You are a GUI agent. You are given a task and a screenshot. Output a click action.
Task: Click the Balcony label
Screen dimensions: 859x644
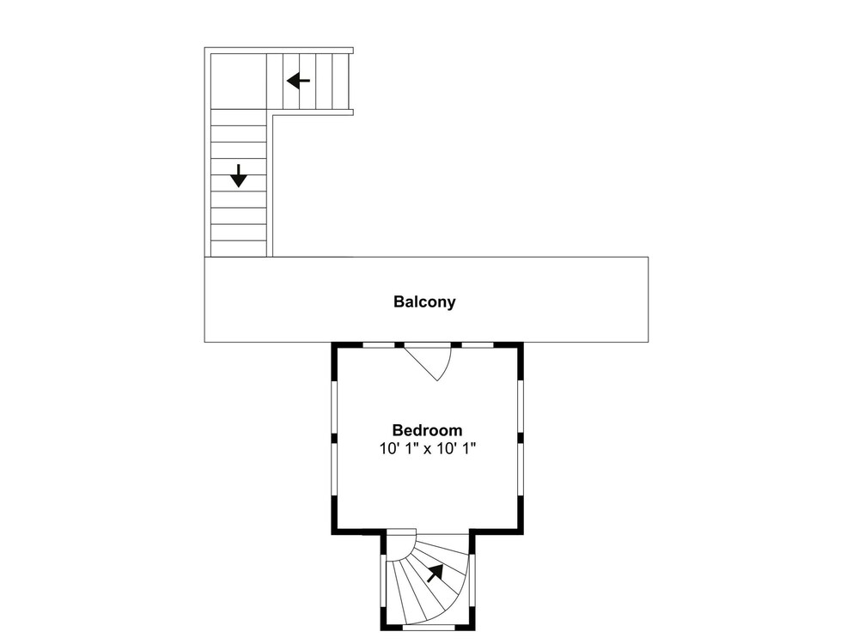tap(424, 301)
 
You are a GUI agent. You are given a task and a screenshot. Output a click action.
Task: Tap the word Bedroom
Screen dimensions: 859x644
tap(427, 430)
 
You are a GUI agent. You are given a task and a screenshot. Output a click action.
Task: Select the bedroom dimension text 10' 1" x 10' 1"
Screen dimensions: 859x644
tap(427, 449)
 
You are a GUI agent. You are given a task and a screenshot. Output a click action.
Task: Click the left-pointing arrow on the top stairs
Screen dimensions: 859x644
tap(299, 81)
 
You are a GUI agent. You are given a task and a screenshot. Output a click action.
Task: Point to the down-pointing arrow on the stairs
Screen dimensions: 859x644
tap(238, 176)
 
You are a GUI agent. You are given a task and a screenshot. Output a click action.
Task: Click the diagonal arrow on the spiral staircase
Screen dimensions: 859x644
tap(435, 573)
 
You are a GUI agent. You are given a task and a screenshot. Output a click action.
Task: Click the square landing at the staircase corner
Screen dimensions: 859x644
tap(239, 81)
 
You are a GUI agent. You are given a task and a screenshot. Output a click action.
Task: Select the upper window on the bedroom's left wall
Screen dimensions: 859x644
tap(333, 407)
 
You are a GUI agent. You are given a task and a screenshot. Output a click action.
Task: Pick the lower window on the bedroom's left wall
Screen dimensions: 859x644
tap(333, 470)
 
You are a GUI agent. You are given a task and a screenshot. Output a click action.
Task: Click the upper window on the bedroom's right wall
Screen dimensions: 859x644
tap(521, 407)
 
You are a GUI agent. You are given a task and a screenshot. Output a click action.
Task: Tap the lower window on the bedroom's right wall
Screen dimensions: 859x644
tap(521, 470)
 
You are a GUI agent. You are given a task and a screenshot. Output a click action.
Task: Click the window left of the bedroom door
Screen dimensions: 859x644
tap(379, 345)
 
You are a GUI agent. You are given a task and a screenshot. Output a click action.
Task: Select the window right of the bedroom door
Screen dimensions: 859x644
tap(478, 345)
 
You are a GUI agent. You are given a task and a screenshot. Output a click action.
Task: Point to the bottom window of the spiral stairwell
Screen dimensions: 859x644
tap(429, 627)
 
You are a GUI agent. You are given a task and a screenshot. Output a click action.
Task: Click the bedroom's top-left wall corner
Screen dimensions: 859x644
tap(334, 345)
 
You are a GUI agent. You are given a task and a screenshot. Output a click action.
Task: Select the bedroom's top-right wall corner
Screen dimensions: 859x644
tap(521, 345)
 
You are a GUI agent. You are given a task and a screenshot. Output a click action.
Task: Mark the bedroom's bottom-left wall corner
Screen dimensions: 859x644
tap(334, 532)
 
